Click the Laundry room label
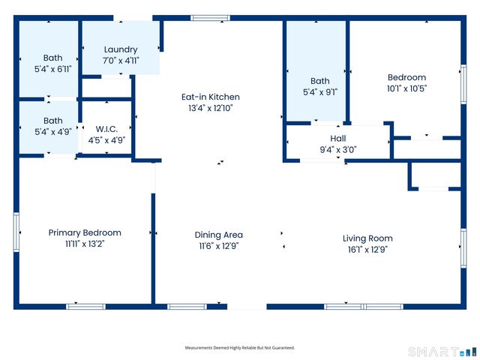click(121, 49)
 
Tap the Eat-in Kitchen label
click(210, 97)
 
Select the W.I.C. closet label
click(106, 128)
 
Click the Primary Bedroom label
click(85, 232)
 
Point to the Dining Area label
click(219, 235)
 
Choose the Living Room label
click(367, 238)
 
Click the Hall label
click(338, 138)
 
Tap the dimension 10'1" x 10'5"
click(406, 88)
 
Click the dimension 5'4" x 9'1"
click(320, 92)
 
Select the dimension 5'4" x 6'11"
click(53, 69)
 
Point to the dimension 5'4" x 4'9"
click(53, 131)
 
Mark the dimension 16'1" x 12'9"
click(367, 249)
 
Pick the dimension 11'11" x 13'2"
click(85, 244)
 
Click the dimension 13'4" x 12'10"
click(210, 108)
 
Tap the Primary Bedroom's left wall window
click(16, 232)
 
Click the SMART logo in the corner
click(442, 351)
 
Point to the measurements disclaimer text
click(240, 348)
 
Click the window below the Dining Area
click(187, 306)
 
